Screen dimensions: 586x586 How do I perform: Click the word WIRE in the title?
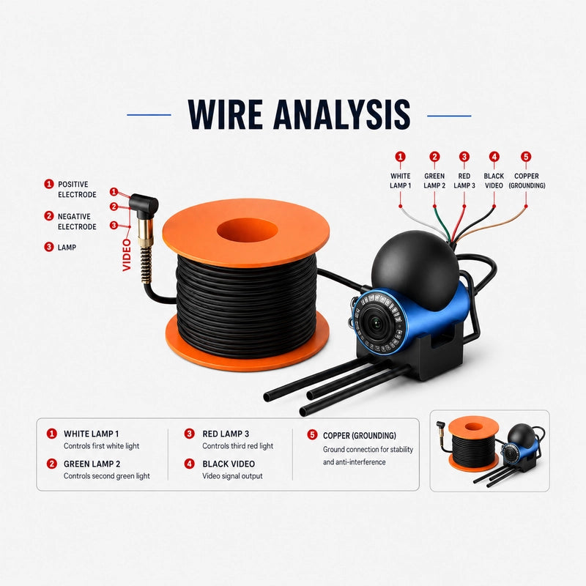(225, 115)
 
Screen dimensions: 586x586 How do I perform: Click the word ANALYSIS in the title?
(342, 115)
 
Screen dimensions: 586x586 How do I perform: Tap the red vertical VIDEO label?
(127, 255)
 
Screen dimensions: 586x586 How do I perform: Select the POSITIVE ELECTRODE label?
(77, 190)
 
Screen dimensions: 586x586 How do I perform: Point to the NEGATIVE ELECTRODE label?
(77, 222)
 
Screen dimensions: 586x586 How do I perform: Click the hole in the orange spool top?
(247, 229)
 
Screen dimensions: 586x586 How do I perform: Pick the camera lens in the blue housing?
(374, 323)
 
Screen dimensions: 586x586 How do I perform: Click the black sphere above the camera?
(415, 270)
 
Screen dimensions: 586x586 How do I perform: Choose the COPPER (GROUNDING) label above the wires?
(527, 181)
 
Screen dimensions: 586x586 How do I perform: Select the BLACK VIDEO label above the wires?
(494, 181)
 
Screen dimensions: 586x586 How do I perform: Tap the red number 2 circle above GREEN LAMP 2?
(434, 157)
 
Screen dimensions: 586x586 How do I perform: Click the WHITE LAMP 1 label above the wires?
(400, 181)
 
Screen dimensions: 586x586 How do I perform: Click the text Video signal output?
(232, 476)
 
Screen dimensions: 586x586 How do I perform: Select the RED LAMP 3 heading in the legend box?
(226, 434)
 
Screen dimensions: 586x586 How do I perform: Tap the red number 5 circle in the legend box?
(312, 434)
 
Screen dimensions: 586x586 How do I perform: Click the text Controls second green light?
(106, 476)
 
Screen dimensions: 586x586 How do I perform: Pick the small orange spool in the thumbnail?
(473, 444)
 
